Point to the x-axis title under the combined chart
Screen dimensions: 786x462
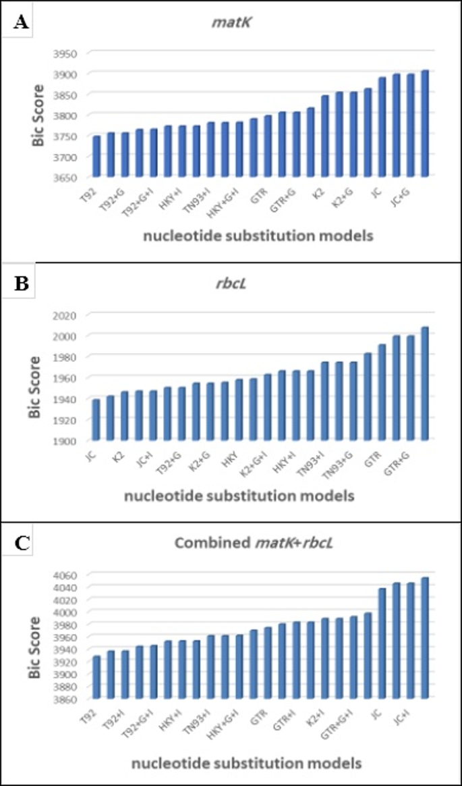click(x=246, y=763)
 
